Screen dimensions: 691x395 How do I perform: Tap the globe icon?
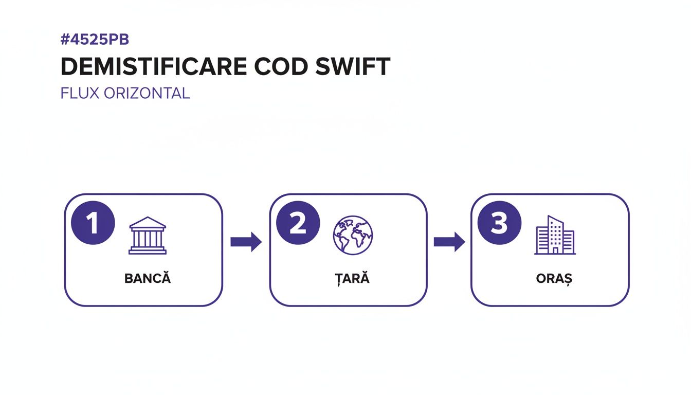pos(353,235)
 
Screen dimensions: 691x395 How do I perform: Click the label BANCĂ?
pos(148,279)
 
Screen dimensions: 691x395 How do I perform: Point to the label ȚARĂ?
pos(353,279)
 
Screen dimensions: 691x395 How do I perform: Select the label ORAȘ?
pos(554,279)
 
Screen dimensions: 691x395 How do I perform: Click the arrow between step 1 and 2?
pos(246,242)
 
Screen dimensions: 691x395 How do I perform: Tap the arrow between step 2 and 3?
pos(449,242)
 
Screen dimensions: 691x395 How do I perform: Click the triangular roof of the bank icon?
pos(148,223)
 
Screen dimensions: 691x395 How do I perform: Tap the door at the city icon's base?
pos(555,250)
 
